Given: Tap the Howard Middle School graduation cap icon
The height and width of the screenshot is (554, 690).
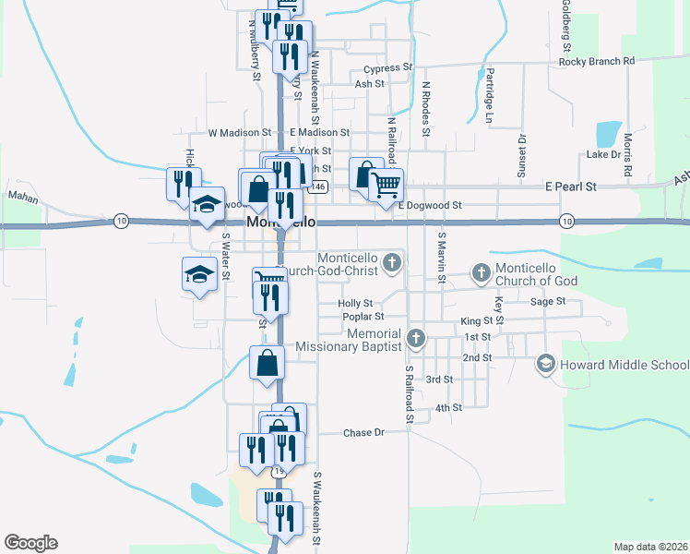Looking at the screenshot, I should pyautogui.click(x=546, y=365).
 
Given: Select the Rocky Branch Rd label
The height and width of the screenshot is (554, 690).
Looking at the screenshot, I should pyautogui.click(x=597, y=61).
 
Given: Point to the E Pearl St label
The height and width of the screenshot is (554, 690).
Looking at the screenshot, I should pyautogui.click(x=570, y=187).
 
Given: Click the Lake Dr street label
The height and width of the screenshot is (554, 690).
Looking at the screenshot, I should pyautogui.click(x=603, y=154).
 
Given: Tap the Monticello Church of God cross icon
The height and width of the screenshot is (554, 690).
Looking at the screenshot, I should pyautogui.click(x=480, y=272).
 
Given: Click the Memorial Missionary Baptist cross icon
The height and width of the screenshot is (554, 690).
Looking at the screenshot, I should pyautogui.click(x=415, y=338).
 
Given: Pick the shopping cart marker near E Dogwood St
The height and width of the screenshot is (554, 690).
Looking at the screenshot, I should pyautogui.click(x=386, y=184).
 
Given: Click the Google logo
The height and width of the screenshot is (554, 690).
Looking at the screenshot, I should pyautogui.click(x=30, y=543).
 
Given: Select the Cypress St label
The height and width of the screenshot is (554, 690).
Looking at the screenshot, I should pyautogui.click(x=387, y=68).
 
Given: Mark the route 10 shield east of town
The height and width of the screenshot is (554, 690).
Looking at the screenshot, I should pyautogui.click(x=566, y=222).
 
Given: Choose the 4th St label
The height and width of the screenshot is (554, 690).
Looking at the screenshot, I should pyautogui.click(x=448, y=407).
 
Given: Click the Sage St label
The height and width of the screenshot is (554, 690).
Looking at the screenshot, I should pyautogui.click(x=547, y=301).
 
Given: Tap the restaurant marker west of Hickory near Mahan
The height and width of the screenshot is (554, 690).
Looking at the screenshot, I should pyautogui.click(x=181, y=183).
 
